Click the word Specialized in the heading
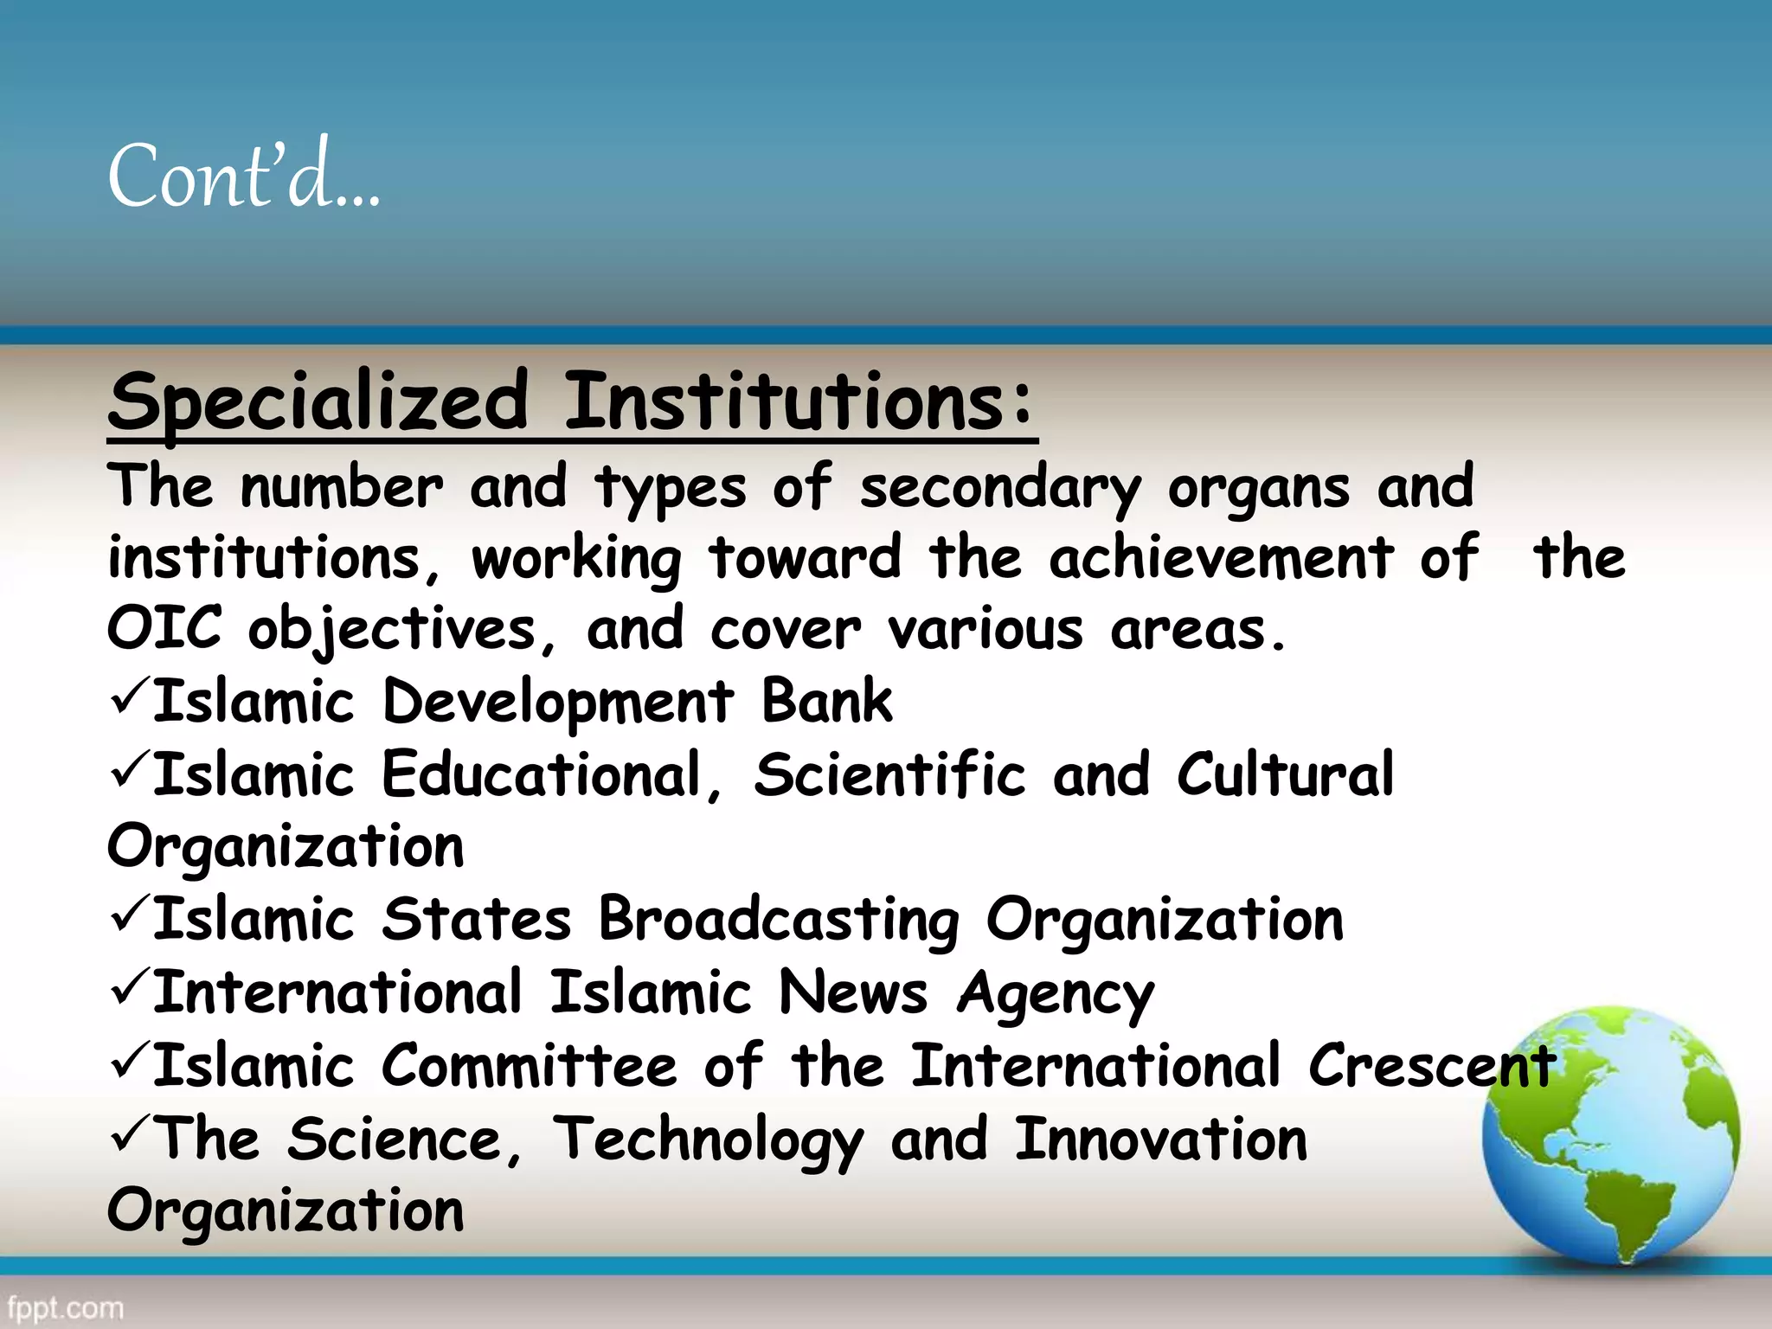pos(318,402)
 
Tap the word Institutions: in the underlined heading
pos(799,402)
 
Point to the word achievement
pos(1221,558)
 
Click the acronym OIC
pos(164,628)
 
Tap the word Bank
pos(826,701)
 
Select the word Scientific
pos(889,774)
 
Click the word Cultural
pos(1285,774)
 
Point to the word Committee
pos(529,1066)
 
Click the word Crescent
pos(1432,1066)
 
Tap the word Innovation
pos(1160,1140)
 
